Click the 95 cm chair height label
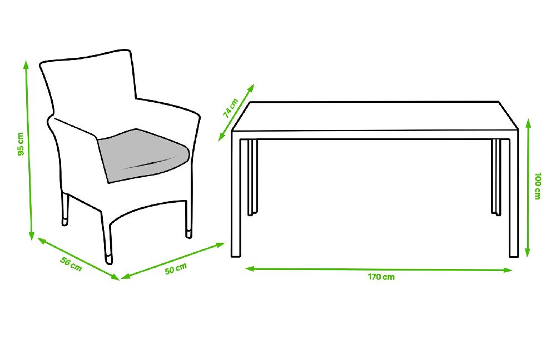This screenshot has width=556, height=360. [21, 144]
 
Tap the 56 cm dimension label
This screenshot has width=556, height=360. [71, 264]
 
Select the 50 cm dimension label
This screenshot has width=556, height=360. [176, 268]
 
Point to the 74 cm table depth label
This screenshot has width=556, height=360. [231, 108]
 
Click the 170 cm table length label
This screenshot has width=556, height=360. [381, 277]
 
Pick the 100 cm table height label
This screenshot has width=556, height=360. [538, 186]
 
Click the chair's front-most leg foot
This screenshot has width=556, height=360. [108, 259]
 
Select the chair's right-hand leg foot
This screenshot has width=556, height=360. [189, 233]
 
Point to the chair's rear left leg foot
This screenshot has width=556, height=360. [64, 222]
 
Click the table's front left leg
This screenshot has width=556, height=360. [236, 198]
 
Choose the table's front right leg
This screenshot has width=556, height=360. [514, 198]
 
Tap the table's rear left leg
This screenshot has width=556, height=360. [252, 177]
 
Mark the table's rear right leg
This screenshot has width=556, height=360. [496, 177]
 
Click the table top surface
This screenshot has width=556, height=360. [375, 116]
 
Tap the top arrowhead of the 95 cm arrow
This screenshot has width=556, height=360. [26, 63]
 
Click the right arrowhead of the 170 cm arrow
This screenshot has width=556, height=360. [508, 270]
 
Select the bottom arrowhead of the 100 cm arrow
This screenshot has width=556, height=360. [528, 253]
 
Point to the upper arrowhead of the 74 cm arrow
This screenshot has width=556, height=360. [251, 87]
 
